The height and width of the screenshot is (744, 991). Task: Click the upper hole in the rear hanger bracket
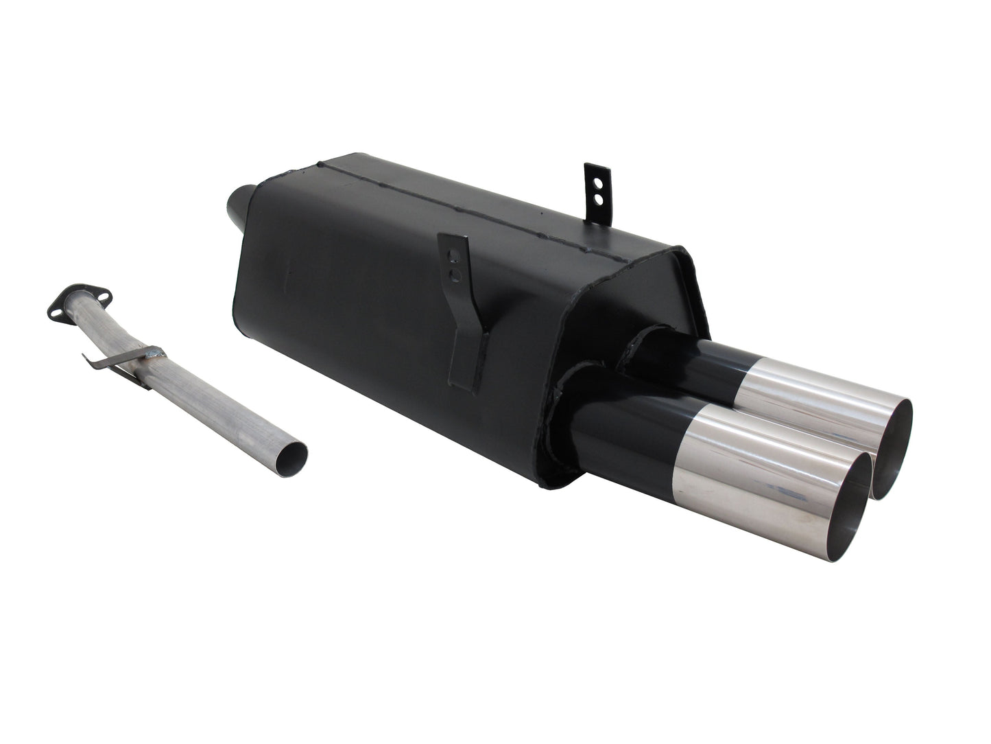coord(597,184)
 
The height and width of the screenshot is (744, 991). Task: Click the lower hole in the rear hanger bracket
coord(597,199)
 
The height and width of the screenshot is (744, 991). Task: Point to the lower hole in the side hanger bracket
coord(451,275)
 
